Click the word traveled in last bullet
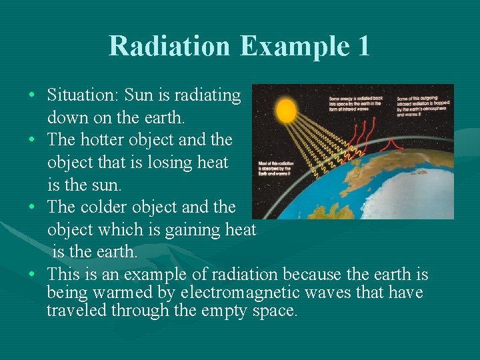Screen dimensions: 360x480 tap(76, 310)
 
